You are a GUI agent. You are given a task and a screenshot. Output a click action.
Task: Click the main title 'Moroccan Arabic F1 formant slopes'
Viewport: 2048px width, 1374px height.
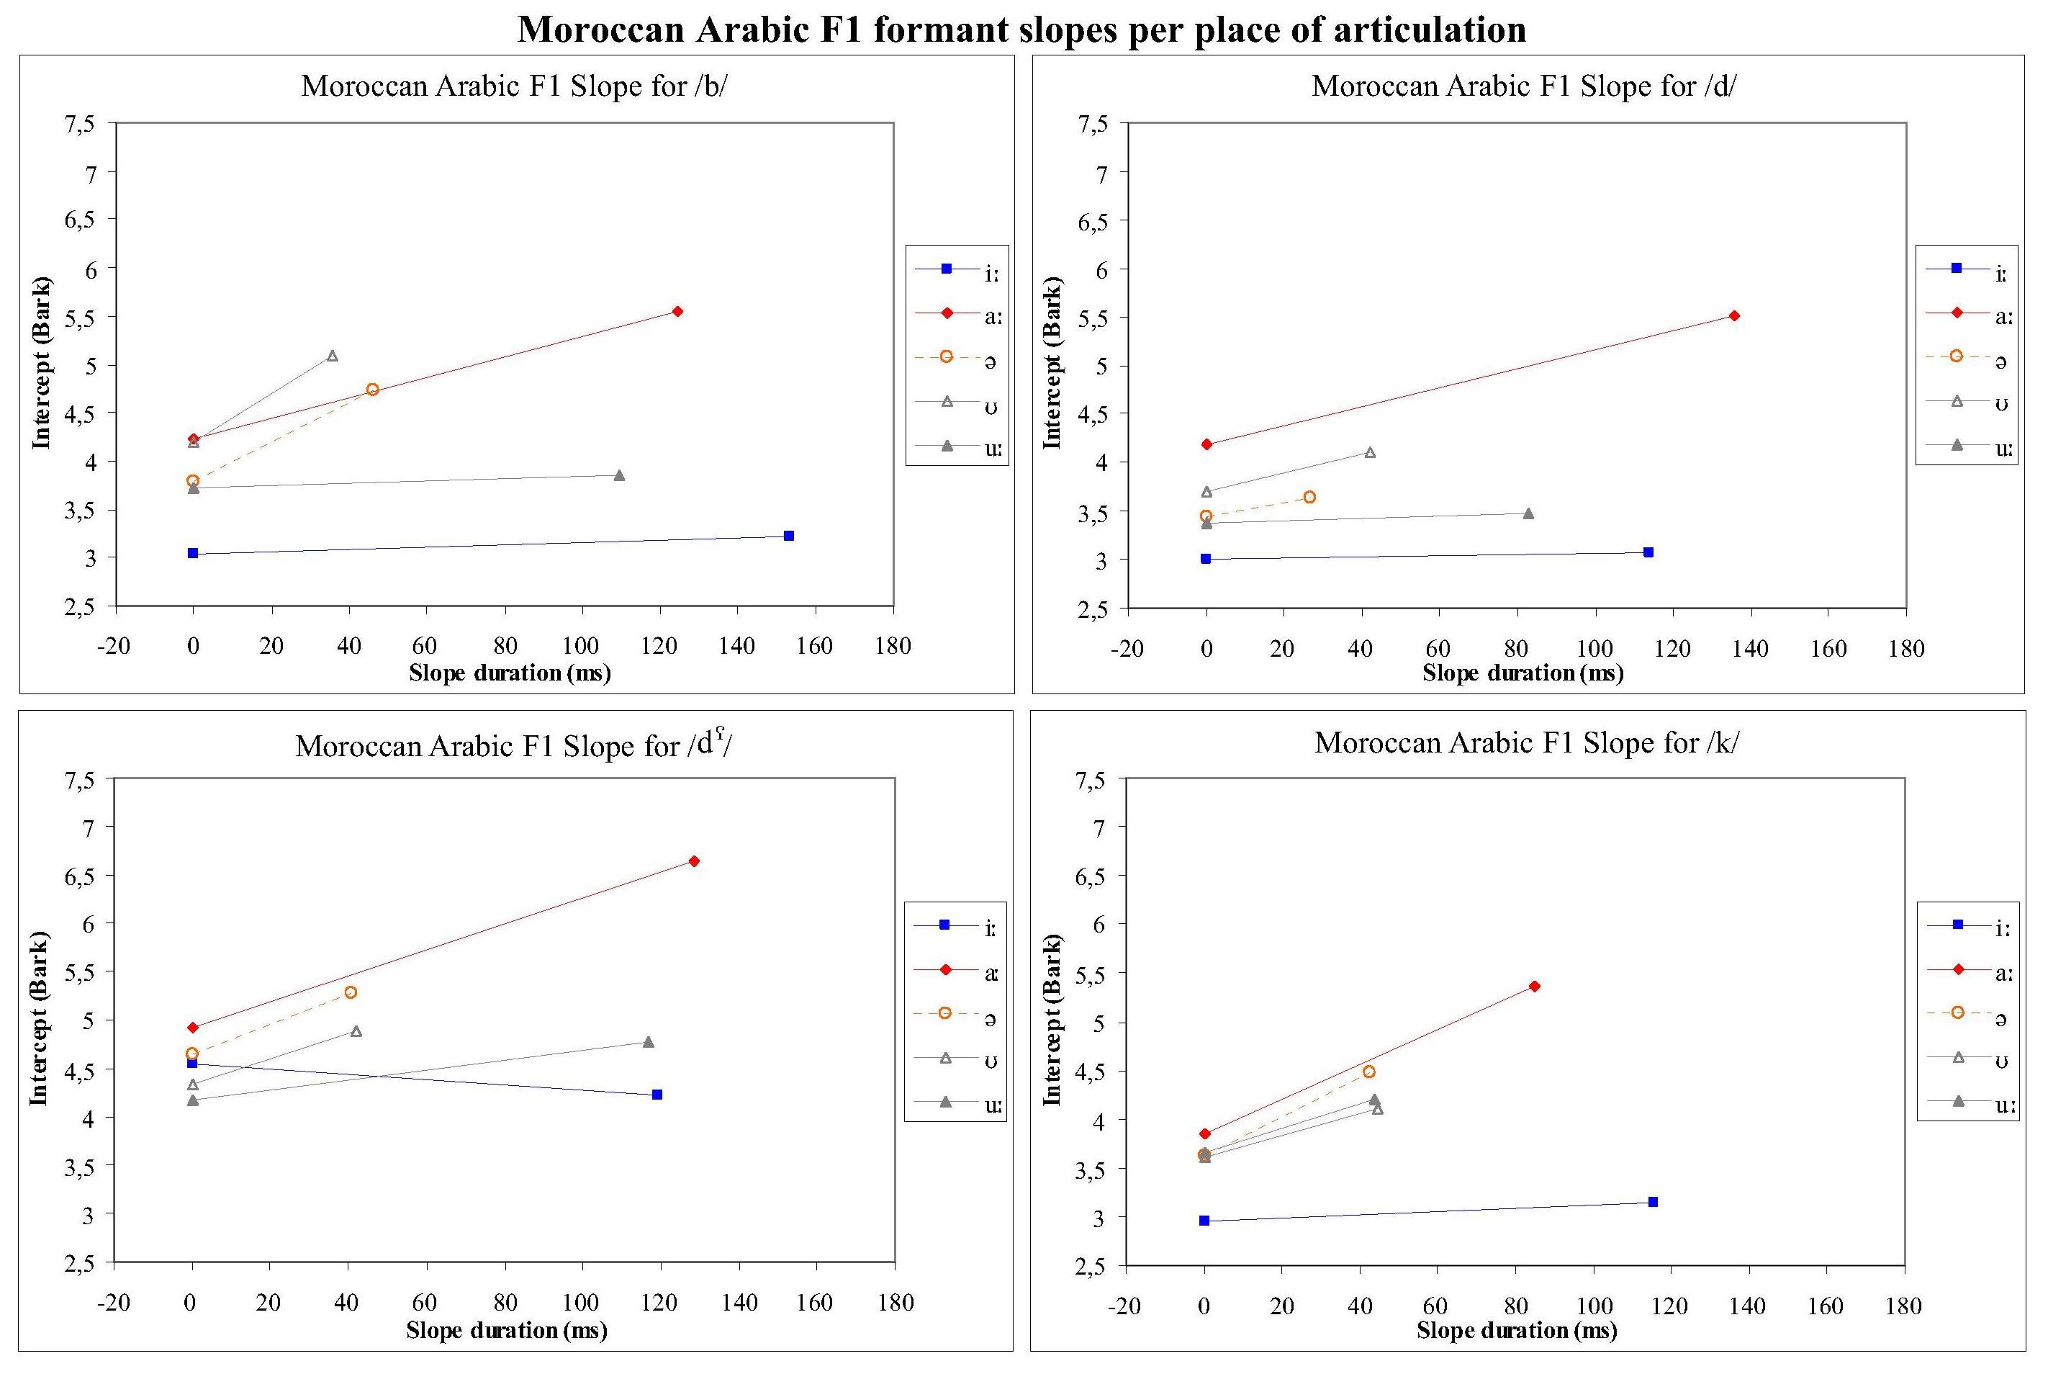(1021, 30)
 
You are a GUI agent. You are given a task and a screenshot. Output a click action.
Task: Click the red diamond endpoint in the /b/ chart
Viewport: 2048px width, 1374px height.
(677, 311)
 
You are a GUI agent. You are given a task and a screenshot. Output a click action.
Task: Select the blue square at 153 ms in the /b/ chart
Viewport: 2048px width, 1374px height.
(788, 535)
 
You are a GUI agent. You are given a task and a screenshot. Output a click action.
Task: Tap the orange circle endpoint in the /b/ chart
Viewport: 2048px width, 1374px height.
(372, 389)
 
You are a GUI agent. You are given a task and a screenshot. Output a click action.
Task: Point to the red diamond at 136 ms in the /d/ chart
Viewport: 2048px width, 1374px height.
(1733, 315)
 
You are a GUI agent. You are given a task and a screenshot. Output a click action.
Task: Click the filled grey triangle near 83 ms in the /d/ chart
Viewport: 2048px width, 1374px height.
(1528, 513)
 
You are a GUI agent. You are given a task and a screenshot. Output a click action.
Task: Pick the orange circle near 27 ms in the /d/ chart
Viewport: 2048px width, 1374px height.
(1309, 497)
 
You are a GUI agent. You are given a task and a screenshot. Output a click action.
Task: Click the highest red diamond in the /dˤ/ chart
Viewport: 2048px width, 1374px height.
(694, 861)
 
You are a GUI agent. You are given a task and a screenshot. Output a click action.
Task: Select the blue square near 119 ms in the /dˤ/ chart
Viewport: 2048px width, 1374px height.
(657, 1095)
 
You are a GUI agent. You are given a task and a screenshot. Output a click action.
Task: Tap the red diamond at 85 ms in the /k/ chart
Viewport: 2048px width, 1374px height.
(1534, 986)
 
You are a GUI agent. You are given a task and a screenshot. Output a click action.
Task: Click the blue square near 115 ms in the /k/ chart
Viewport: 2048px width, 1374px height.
(1652, 1201)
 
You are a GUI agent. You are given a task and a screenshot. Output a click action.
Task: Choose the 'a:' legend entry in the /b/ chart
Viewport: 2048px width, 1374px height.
(957, 315)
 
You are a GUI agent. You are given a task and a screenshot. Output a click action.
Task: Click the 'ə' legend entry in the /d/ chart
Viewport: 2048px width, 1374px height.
(1967, 359)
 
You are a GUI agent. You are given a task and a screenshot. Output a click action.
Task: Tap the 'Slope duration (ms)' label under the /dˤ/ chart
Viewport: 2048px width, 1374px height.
(506, 1330)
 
